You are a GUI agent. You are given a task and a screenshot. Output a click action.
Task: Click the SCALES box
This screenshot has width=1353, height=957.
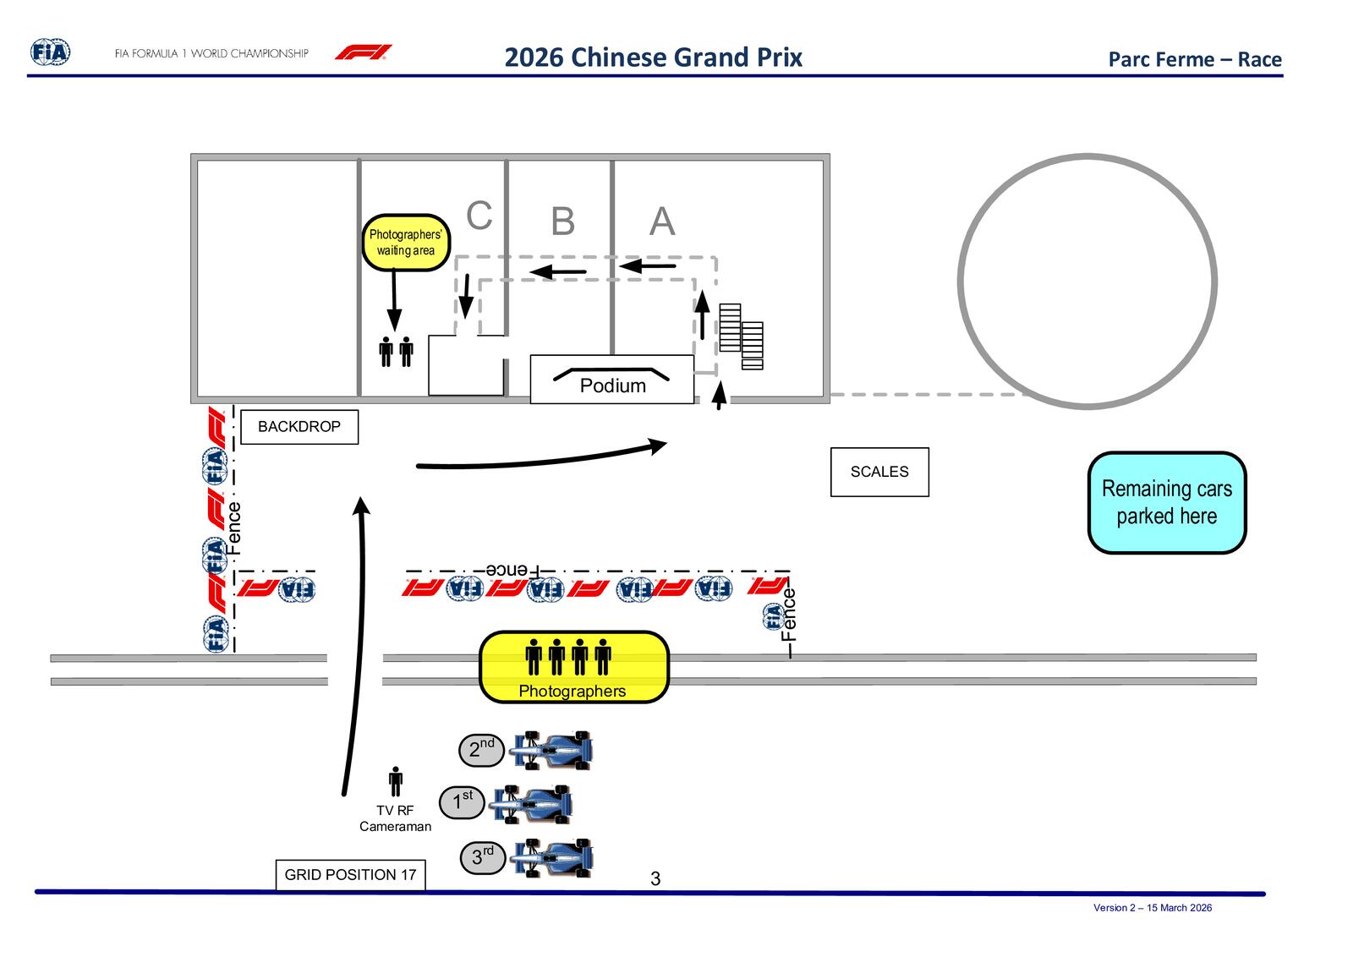(879, 472)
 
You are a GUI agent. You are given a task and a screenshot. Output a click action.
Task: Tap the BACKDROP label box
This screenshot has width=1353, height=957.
(299, 427)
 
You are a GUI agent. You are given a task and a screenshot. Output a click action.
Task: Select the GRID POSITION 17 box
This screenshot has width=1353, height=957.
(350, 875)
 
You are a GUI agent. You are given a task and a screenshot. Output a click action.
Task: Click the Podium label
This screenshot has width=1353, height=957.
(612, 386)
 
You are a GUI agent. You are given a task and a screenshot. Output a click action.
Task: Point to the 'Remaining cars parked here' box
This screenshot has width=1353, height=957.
(1167, 503)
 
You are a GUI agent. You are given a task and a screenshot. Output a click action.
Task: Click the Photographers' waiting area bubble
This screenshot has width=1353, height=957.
(406, 243)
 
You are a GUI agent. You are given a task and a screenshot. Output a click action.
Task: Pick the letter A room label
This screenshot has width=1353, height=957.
(662, 222)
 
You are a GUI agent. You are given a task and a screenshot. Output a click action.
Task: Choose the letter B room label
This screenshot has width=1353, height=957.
(562, 222)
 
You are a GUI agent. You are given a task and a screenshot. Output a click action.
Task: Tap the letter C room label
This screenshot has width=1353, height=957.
(479, 216)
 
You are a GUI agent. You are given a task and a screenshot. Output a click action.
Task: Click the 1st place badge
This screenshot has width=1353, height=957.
(461, 801)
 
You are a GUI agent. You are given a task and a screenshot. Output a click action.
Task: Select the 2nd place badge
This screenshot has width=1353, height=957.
(481, 749)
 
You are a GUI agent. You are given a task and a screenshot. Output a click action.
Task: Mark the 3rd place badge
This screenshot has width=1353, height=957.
(482, 857)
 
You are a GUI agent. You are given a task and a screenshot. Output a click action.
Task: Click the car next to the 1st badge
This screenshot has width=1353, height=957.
(532, 803)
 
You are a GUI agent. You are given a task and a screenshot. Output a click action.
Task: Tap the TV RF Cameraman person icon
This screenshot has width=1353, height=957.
(395, 781)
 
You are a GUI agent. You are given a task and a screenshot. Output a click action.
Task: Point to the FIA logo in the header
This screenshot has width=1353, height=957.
(51, 52)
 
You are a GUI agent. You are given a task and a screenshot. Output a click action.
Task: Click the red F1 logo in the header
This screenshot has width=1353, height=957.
(363, 52)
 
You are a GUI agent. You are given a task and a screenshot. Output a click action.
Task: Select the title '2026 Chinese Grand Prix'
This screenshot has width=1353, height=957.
(653, 57)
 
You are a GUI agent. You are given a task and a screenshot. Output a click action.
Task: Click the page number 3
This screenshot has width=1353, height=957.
(655, 879)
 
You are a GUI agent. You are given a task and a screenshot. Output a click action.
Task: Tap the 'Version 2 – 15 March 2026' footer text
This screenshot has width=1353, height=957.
(1152, 908)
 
